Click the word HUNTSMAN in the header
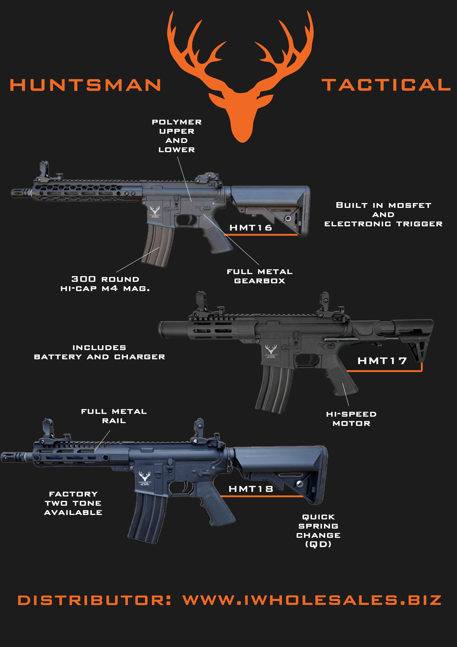pos(85,85)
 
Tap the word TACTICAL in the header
pos(386,85)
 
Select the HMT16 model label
pos(251,228)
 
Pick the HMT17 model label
pos(382,361)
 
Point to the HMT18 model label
pos(251,489)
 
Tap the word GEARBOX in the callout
pos(260,281)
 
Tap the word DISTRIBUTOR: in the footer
pos(94,601)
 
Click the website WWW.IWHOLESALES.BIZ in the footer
pos(312,601)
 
